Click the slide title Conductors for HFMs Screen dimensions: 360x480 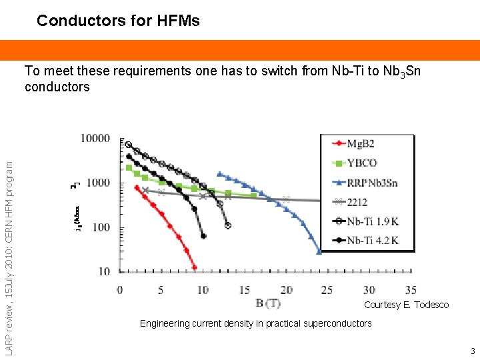tap(118, 21)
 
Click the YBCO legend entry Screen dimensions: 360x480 tap(362, 163)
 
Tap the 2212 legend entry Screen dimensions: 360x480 tap(357, 202)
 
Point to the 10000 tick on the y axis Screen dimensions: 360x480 tap(95, 139)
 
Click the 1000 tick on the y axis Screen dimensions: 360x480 tap(97, 183)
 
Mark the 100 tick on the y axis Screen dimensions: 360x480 tap(99, 227)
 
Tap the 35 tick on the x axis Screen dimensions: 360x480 tap(411, 290)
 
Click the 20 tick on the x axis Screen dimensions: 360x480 tap(286, 290)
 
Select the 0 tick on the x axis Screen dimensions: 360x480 tap(119, 290)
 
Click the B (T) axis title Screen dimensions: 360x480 tap(268, 304)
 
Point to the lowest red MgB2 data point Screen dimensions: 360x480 tap(194, 267)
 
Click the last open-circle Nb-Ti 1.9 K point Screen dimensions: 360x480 tap(228, 226)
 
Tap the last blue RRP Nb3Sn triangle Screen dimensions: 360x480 tap(319, 251)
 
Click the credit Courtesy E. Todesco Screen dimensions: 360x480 tap(406, 305)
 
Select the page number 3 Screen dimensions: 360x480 tap(472, 351)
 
